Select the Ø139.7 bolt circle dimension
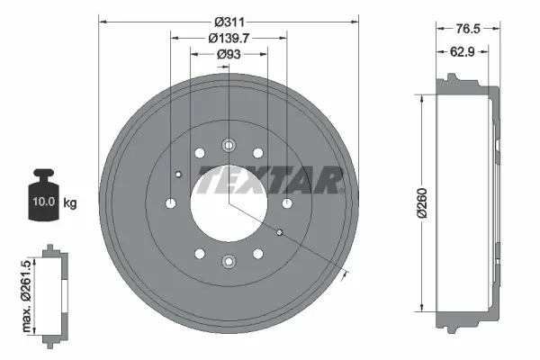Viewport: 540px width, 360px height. coord(229,38)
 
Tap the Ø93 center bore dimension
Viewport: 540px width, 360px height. coord(229,55)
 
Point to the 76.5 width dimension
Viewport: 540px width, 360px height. coord(466,28)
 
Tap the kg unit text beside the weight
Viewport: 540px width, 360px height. coord(69,202)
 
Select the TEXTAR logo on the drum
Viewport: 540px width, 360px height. coord(269,180)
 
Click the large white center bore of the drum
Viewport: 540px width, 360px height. coord(229,203)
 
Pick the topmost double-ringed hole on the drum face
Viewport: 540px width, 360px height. coord(229,144)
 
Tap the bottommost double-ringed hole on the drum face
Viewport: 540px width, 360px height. coord(229,262)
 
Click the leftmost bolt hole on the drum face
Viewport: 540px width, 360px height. coord(170,203)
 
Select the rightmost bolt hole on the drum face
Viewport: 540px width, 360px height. coord(287,203)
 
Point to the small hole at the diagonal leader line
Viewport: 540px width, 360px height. coord(280,233)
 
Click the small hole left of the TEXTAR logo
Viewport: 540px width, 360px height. coord(178,174)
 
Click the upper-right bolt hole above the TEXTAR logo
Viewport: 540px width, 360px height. coord(258,153)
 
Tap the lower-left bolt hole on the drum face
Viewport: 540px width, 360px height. coord(199,254)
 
